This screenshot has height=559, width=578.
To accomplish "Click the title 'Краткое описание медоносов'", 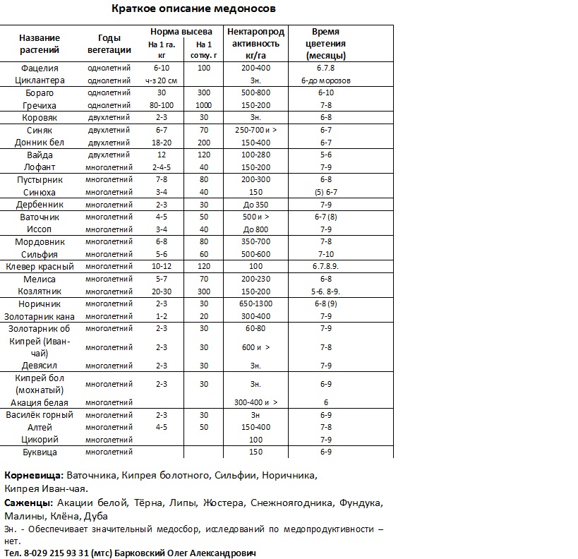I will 194,9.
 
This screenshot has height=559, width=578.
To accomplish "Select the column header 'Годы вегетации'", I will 109,44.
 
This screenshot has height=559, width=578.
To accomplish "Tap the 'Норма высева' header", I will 181,32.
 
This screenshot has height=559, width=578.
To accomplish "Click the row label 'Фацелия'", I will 40,68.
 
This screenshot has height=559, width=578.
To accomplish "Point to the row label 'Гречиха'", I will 40,105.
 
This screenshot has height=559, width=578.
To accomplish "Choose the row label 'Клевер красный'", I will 40,266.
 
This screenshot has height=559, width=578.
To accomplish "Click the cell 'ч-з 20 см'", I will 161,80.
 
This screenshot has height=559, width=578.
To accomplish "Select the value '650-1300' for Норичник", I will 255,303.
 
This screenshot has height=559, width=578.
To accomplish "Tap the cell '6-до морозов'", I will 325,80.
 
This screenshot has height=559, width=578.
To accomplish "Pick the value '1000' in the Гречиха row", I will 204,105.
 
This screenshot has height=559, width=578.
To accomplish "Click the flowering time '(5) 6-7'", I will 325,192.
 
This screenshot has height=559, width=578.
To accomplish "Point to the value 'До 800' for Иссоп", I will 255,229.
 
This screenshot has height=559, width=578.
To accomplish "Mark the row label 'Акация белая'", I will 40,402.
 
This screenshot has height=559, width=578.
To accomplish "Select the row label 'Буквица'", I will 40,452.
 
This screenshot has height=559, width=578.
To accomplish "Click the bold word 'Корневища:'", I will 34,476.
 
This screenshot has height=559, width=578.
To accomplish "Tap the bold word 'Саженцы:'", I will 28,503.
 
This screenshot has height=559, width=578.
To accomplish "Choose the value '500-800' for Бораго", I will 255,93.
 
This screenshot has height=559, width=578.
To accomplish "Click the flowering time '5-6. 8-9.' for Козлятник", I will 325,291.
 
